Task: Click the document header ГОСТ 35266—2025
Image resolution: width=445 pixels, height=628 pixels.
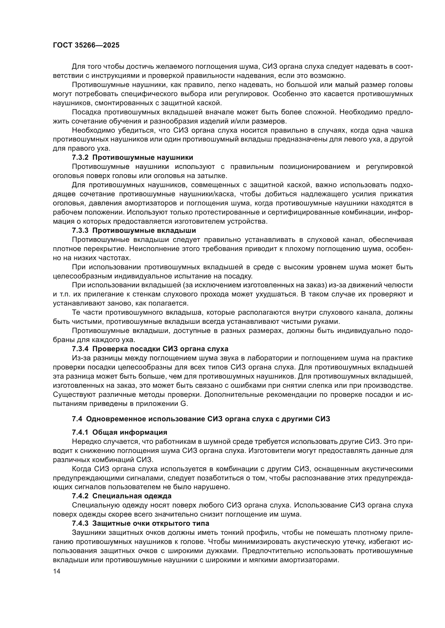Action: tap(86, 45)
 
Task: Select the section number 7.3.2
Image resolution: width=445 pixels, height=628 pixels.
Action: tap(80, 158)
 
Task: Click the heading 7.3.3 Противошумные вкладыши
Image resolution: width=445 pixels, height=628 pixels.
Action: tap(134, 231)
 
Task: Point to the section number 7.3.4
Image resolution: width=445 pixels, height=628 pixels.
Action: tap(80, 349)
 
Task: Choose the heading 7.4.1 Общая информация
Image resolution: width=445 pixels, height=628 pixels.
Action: tap(119, 433)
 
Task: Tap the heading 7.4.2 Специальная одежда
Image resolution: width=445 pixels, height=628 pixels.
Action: tap(122, 496)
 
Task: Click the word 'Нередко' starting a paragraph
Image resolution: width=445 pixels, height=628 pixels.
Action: tap(85, 441)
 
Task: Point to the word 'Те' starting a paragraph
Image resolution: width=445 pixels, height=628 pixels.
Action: tap(76, 313)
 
